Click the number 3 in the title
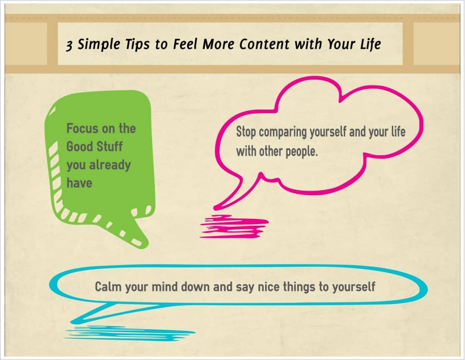[69, 45]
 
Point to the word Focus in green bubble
[82, 128]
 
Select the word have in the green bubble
[79, 182]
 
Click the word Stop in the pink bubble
[246, 133]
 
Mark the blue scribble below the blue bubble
[123, 332]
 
